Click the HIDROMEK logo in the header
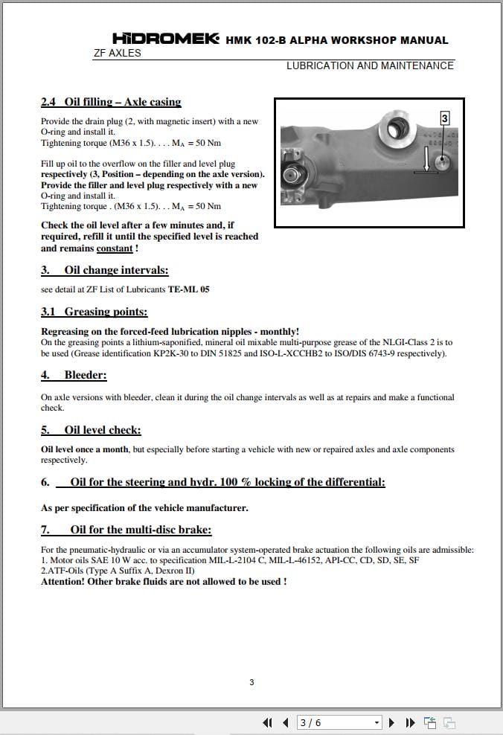click(165, 39)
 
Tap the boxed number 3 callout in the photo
click(444, 118)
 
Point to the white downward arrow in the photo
click(426, 160)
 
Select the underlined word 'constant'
click(115, 248)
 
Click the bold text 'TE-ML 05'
click(188, 289)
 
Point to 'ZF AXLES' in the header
click(117, 54)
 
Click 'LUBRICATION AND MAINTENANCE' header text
click(370, 65)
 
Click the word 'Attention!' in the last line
click(63, 582)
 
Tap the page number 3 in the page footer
click(251, 682)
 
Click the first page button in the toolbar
click(268, 722)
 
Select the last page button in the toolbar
click(409, 722)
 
